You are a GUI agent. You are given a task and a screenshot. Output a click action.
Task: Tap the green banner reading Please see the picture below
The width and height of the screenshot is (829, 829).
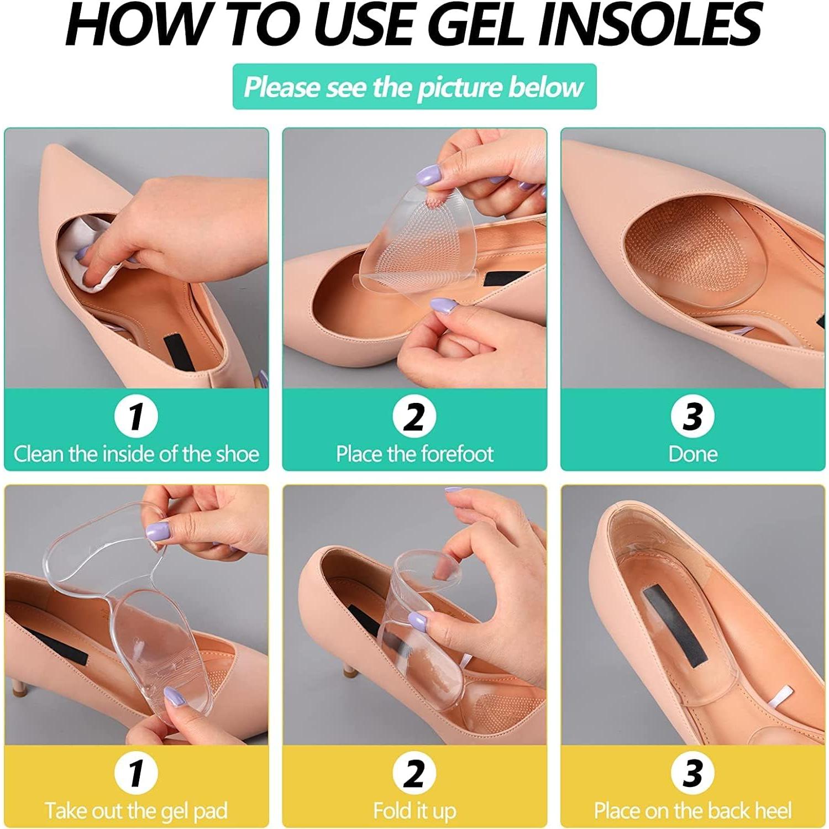(x=414, y=87)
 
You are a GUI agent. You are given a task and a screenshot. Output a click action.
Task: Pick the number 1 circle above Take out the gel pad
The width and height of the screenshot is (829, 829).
(x=136, y=772)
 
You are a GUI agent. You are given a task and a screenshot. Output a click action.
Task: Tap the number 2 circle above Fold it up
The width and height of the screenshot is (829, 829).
(x=414, y=772)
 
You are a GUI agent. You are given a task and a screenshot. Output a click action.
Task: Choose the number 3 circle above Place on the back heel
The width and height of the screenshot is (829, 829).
(x=692, y=772)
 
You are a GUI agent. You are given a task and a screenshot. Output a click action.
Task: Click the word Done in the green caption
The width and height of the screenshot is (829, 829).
(x=692, y=454)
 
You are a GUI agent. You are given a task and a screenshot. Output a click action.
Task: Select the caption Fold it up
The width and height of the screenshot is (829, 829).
(x=414, y=811)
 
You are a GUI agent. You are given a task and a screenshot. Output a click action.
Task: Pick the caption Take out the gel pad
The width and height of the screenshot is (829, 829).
(x=136, y=811)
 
